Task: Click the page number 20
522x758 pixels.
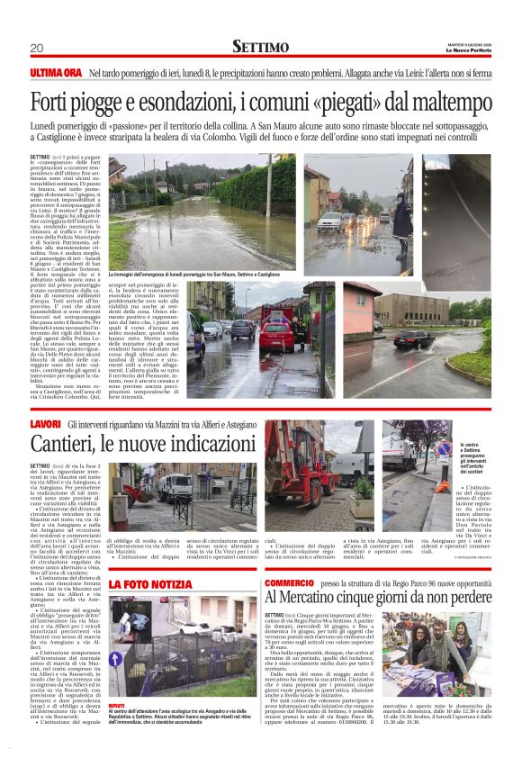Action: (36, 48)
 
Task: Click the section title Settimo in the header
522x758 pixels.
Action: (260, 46)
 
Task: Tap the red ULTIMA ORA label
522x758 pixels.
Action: (56, 71)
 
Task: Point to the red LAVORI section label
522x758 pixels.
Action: (45, 423)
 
